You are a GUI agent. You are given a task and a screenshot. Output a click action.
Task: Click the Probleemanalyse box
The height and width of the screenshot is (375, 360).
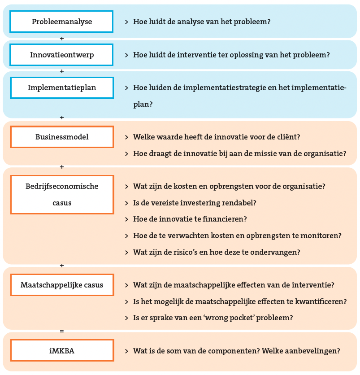click(x=61, y=22)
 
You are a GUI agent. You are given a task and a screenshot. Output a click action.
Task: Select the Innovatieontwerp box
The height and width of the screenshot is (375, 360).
click(x=61, y=55)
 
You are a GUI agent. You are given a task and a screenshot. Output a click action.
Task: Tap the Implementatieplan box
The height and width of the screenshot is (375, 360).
click(x=61, y=87)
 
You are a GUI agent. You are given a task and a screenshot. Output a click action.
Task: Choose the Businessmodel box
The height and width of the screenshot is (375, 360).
click(x=62, y=137)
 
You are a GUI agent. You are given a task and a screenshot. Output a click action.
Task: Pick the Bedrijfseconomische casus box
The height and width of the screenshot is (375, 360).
click(x=62, y=194)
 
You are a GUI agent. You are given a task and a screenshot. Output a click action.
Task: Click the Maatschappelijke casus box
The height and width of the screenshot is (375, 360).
click(x=62, y=285)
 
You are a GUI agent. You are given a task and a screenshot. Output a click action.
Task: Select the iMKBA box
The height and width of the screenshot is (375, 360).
click(x=62, y=351)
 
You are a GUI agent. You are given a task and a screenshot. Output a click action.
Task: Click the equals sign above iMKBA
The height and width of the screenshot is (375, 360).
click(x=62, y=331)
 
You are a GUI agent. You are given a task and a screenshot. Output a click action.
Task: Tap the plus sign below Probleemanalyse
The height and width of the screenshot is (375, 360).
click(x=62, y=39)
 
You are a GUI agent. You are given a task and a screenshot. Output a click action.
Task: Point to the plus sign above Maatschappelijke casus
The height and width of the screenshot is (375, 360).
click(x=62, y=266)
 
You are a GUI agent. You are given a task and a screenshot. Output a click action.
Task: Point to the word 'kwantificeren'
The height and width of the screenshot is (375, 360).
click(x=320, y=301)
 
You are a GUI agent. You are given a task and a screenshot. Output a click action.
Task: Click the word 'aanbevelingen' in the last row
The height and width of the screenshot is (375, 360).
click(x=308, y=351)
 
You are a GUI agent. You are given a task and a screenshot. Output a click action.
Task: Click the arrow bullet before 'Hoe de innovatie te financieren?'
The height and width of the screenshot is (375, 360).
click(x=127, y=219)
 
